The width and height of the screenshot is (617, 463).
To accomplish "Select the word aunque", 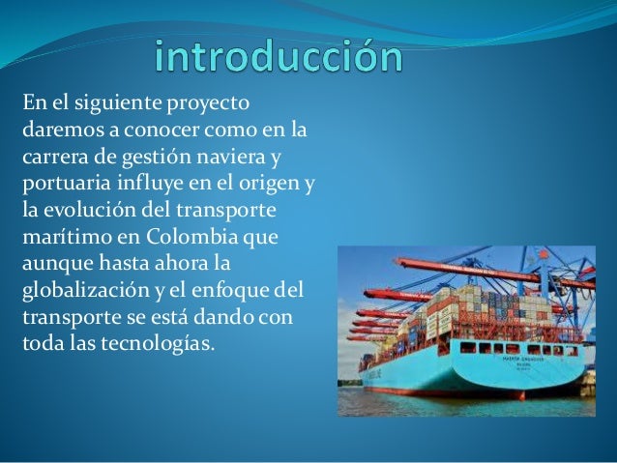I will [56, 262].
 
